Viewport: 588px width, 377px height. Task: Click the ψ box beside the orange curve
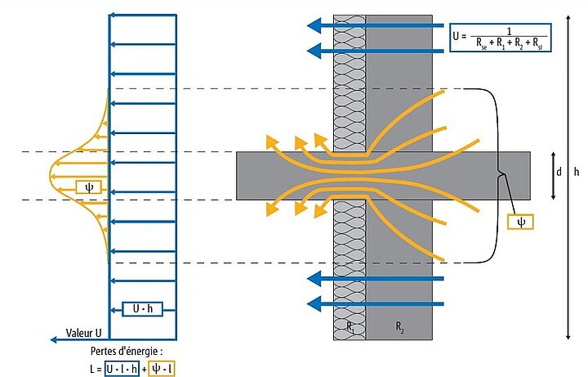point(88,186)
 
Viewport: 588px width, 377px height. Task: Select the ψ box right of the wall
point(520,221)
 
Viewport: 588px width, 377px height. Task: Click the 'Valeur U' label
point(82,334)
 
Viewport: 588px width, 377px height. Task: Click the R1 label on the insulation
point(349,327)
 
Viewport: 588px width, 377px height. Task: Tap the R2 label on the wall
point(400,327)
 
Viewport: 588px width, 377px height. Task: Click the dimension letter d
point(559,173)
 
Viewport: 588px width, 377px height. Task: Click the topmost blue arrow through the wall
point(376,26)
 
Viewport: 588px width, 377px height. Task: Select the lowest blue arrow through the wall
point(376,304)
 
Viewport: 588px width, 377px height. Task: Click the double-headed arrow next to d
point(554,175)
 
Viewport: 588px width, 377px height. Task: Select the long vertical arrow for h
point(568,176)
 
